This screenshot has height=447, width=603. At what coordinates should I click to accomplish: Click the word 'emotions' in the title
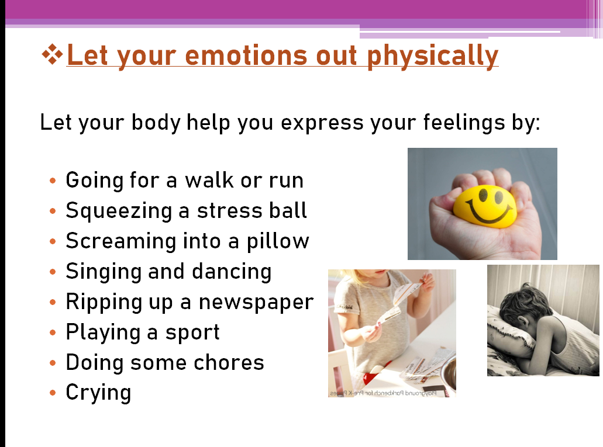click(246, 56)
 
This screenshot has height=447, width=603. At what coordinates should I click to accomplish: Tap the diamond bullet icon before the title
click(52, 54)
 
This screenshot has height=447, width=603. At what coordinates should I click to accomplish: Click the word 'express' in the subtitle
click(322, 123)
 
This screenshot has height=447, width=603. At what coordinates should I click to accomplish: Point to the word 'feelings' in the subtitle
click(464, 123)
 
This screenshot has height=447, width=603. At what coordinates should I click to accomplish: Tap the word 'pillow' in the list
click(278, 242)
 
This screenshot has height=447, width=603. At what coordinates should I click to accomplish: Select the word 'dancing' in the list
click(232, 272)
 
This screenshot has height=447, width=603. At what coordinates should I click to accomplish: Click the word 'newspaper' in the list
click(256, 303)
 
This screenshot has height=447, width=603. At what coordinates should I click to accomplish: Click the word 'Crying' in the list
click(98, 393)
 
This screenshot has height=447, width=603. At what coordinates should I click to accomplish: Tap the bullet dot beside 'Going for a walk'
click(53, 180)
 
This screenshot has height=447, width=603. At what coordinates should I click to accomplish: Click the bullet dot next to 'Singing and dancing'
click(53, 272)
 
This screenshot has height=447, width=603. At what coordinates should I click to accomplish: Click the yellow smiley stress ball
click(485, 206)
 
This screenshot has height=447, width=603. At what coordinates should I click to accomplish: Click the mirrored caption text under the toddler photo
click(383, 393)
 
